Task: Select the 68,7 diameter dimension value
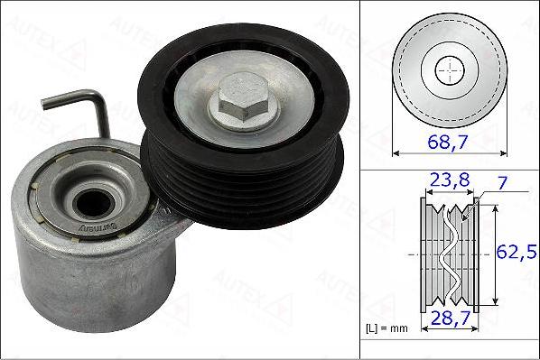450,142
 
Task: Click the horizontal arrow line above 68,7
449,153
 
